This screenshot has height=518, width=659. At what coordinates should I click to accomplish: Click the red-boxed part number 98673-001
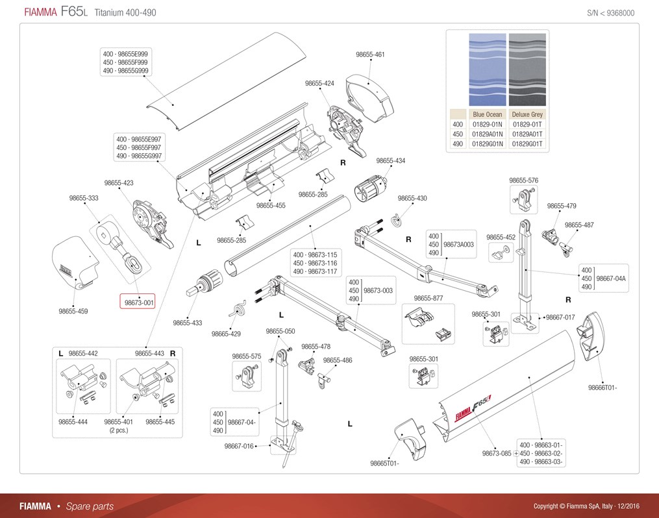point(139,302)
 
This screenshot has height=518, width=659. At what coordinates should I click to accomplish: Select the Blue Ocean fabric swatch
point(488,69)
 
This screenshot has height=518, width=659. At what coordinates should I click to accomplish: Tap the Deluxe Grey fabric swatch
point(527,69)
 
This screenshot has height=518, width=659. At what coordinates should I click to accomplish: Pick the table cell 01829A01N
point(487,134)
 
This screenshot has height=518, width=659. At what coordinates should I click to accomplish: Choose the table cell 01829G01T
point(527,143)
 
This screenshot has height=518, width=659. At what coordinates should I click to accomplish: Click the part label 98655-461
point(370,54)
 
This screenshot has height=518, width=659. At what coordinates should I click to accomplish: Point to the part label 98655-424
point(319,83)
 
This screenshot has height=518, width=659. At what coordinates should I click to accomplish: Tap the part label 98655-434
point(390,160)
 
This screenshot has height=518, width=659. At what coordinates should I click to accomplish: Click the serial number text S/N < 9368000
point(611,13)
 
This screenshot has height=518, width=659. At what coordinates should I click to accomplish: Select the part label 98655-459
point(73,312)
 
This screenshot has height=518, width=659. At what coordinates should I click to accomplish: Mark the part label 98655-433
point(188,323)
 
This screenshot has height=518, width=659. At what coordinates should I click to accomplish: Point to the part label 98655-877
point(429,299)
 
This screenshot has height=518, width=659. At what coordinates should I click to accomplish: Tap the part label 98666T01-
point(603,388)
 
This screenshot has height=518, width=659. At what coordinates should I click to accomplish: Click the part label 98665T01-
point(384,463)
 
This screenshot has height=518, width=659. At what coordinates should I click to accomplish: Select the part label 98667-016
point(239,446)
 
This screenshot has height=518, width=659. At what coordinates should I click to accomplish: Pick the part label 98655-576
point(523,180)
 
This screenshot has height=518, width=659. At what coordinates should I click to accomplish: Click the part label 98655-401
point(119,422)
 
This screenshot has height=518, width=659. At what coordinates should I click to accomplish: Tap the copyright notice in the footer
point(586,506)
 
